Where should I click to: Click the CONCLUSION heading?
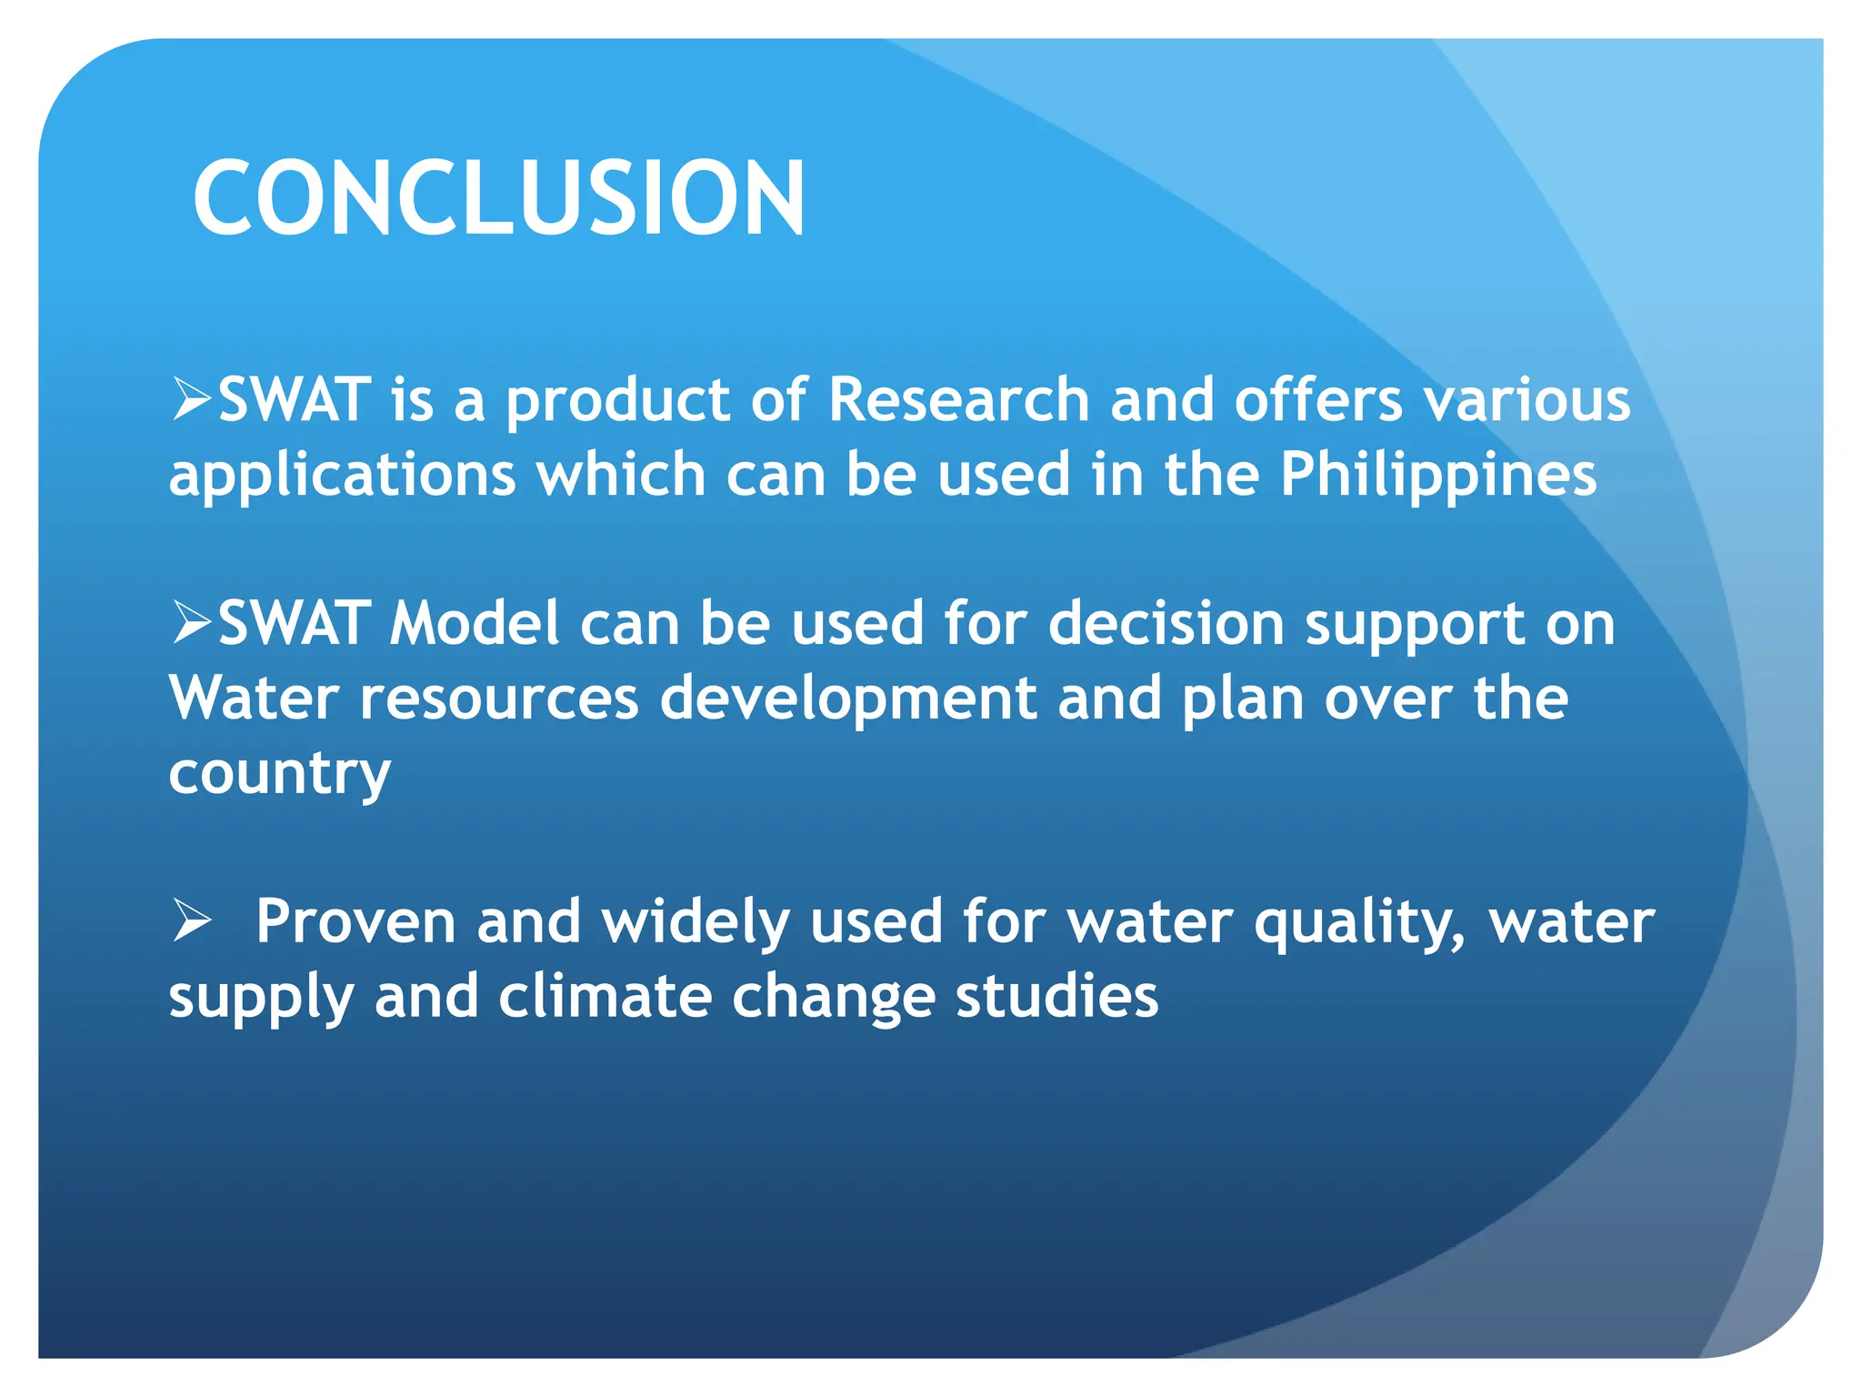tap(498, 198)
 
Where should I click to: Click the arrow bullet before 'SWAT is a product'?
tap(192, 399)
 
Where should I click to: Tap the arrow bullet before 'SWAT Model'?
tap(192, 623)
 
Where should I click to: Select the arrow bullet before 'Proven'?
tap(192, 921)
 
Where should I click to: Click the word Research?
tap(958, 399)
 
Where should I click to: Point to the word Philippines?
tap(1437, 476)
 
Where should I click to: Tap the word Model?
tap(474, 623)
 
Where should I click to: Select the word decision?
tap(1166, 623)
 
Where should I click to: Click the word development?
tap(847, 698)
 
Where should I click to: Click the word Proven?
tap(355, 921)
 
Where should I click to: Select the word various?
tap(1527, 399)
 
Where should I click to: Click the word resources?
tap(499, 698)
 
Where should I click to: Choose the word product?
tap(617, 401)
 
